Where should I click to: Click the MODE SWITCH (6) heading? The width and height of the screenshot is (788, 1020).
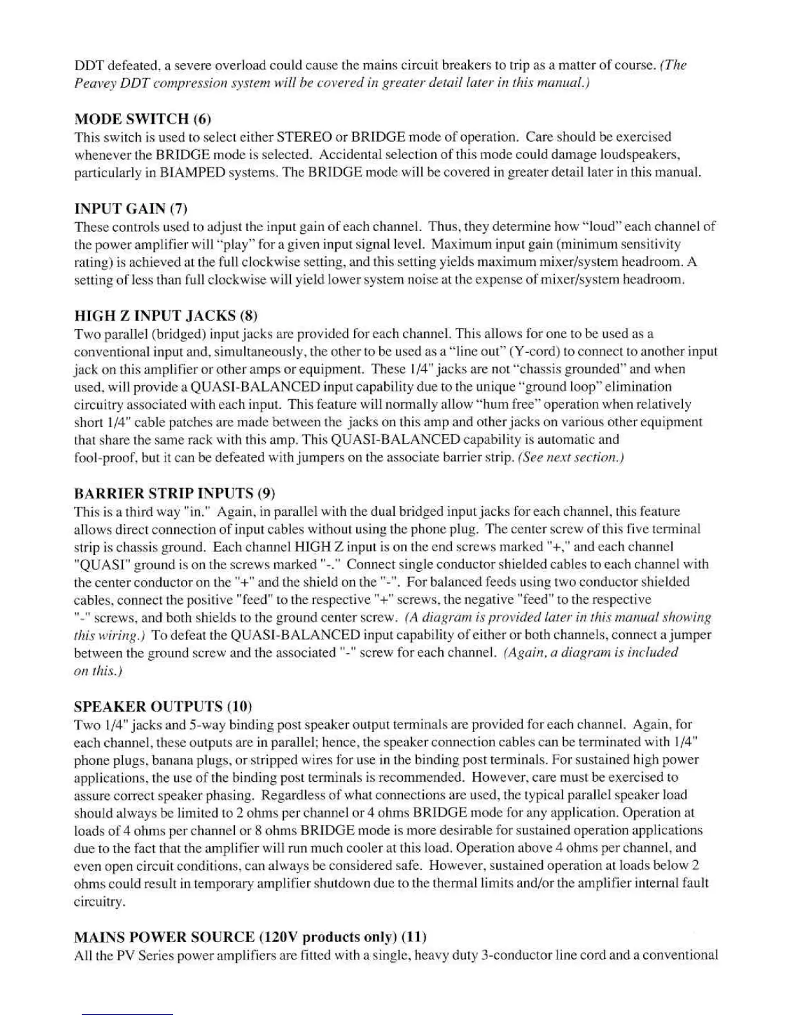(x=142, y=119)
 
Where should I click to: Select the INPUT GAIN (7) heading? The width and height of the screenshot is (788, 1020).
(x=131, y=209)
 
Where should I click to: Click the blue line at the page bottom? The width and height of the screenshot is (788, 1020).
(x=127, y=1015)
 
